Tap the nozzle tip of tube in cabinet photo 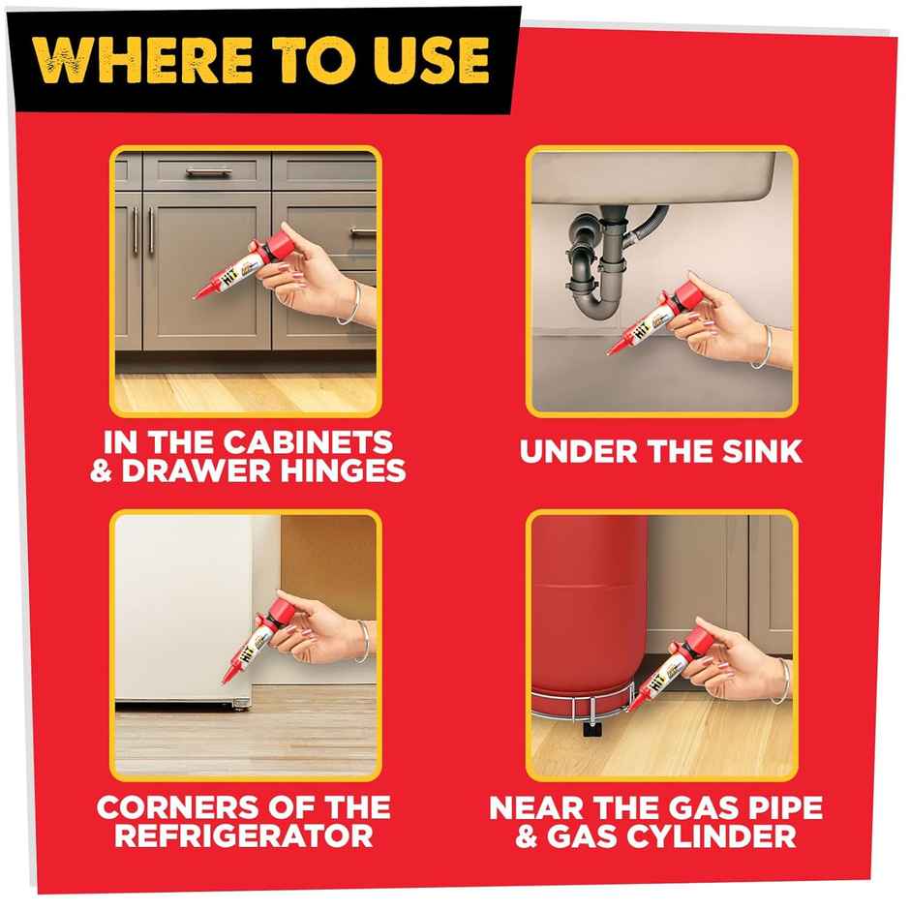197,294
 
